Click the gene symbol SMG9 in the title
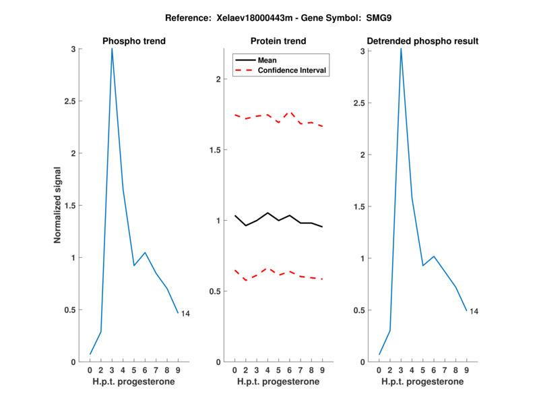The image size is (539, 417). (x=380, y=18)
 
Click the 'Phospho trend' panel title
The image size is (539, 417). (x=134, y=41)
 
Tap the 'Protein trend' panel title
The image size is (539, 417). (x=278, y=41)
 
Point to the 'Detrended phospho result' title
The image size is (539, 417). (x=422, y=41)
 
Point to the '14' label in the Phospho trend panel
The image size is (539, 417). (x=185, y=313)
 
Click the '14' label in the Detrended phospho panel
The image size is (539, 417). (x=474, y=311)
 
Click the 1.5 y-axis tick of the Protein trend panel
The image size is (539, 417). (x=216, y=150)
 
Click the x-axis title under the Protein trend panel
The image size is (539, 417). (x=278, y=382)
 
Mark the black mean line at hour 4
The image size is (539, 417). (x=267, y=213)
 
